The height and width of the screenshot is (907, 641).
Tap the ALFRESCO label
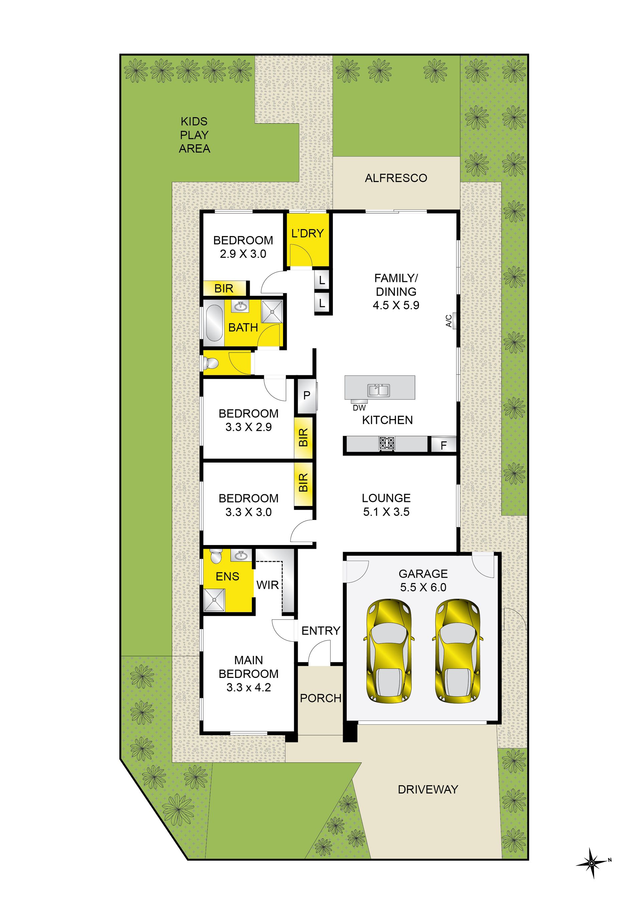396,178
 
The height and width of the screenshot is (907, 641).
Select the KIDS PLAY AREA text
194,135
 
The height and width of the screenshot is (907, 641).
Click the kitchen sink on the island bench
379,390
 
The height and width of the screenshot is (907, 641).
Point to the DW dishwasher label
359,408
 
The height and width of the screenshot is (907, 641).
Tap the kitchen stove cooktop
387,443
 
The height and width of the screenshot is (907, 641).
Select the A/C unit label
449,321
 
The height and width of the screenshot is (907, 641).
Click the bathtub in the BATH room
214,323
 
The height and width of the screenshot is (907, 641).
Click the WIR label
267,585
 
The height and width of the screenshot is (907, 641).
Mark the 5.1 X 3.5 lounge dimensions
386,512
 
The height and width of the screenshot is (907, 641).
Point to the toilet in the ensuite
216,557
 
